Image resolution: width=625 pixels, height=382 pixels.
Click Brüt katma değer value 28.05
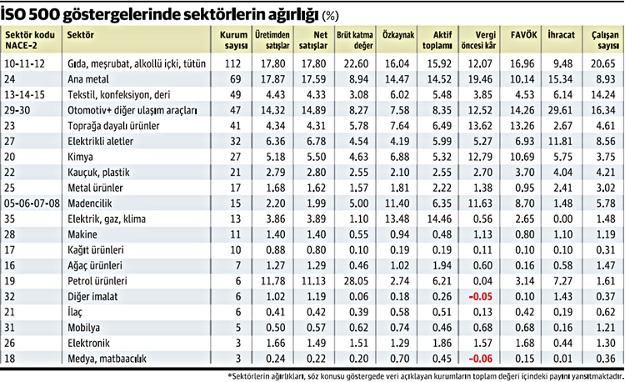(x=356, y=281)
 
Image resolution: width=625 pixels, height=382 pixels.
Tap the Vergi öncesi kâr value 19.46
(x=482, y=78)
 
